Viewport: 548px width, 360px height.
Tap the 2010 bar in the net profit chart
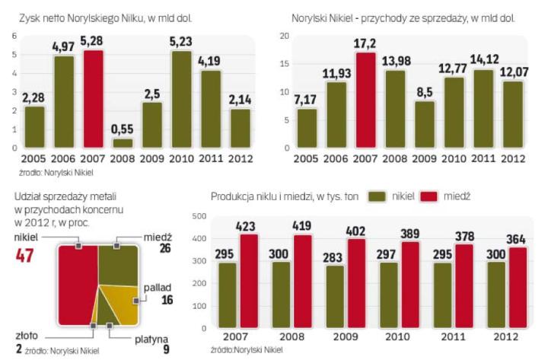tap(181, 99)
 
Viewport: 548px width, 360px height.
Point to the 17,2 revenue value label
tap(365, 44)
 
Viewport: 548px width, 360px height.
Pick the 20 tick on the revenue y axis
tap(285, 36)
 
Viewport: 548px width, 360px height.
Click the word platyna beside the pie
tap(152, 339)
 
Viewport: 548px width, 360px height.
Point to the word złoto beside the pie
tap(27, 335)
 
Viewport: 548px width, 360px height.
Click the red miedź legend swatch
tap(430, 196)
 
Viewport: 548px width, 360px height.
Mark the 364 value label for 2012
tap(515, 238)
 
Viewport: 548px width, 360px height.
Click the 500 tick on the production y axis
tap(197, 217)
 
